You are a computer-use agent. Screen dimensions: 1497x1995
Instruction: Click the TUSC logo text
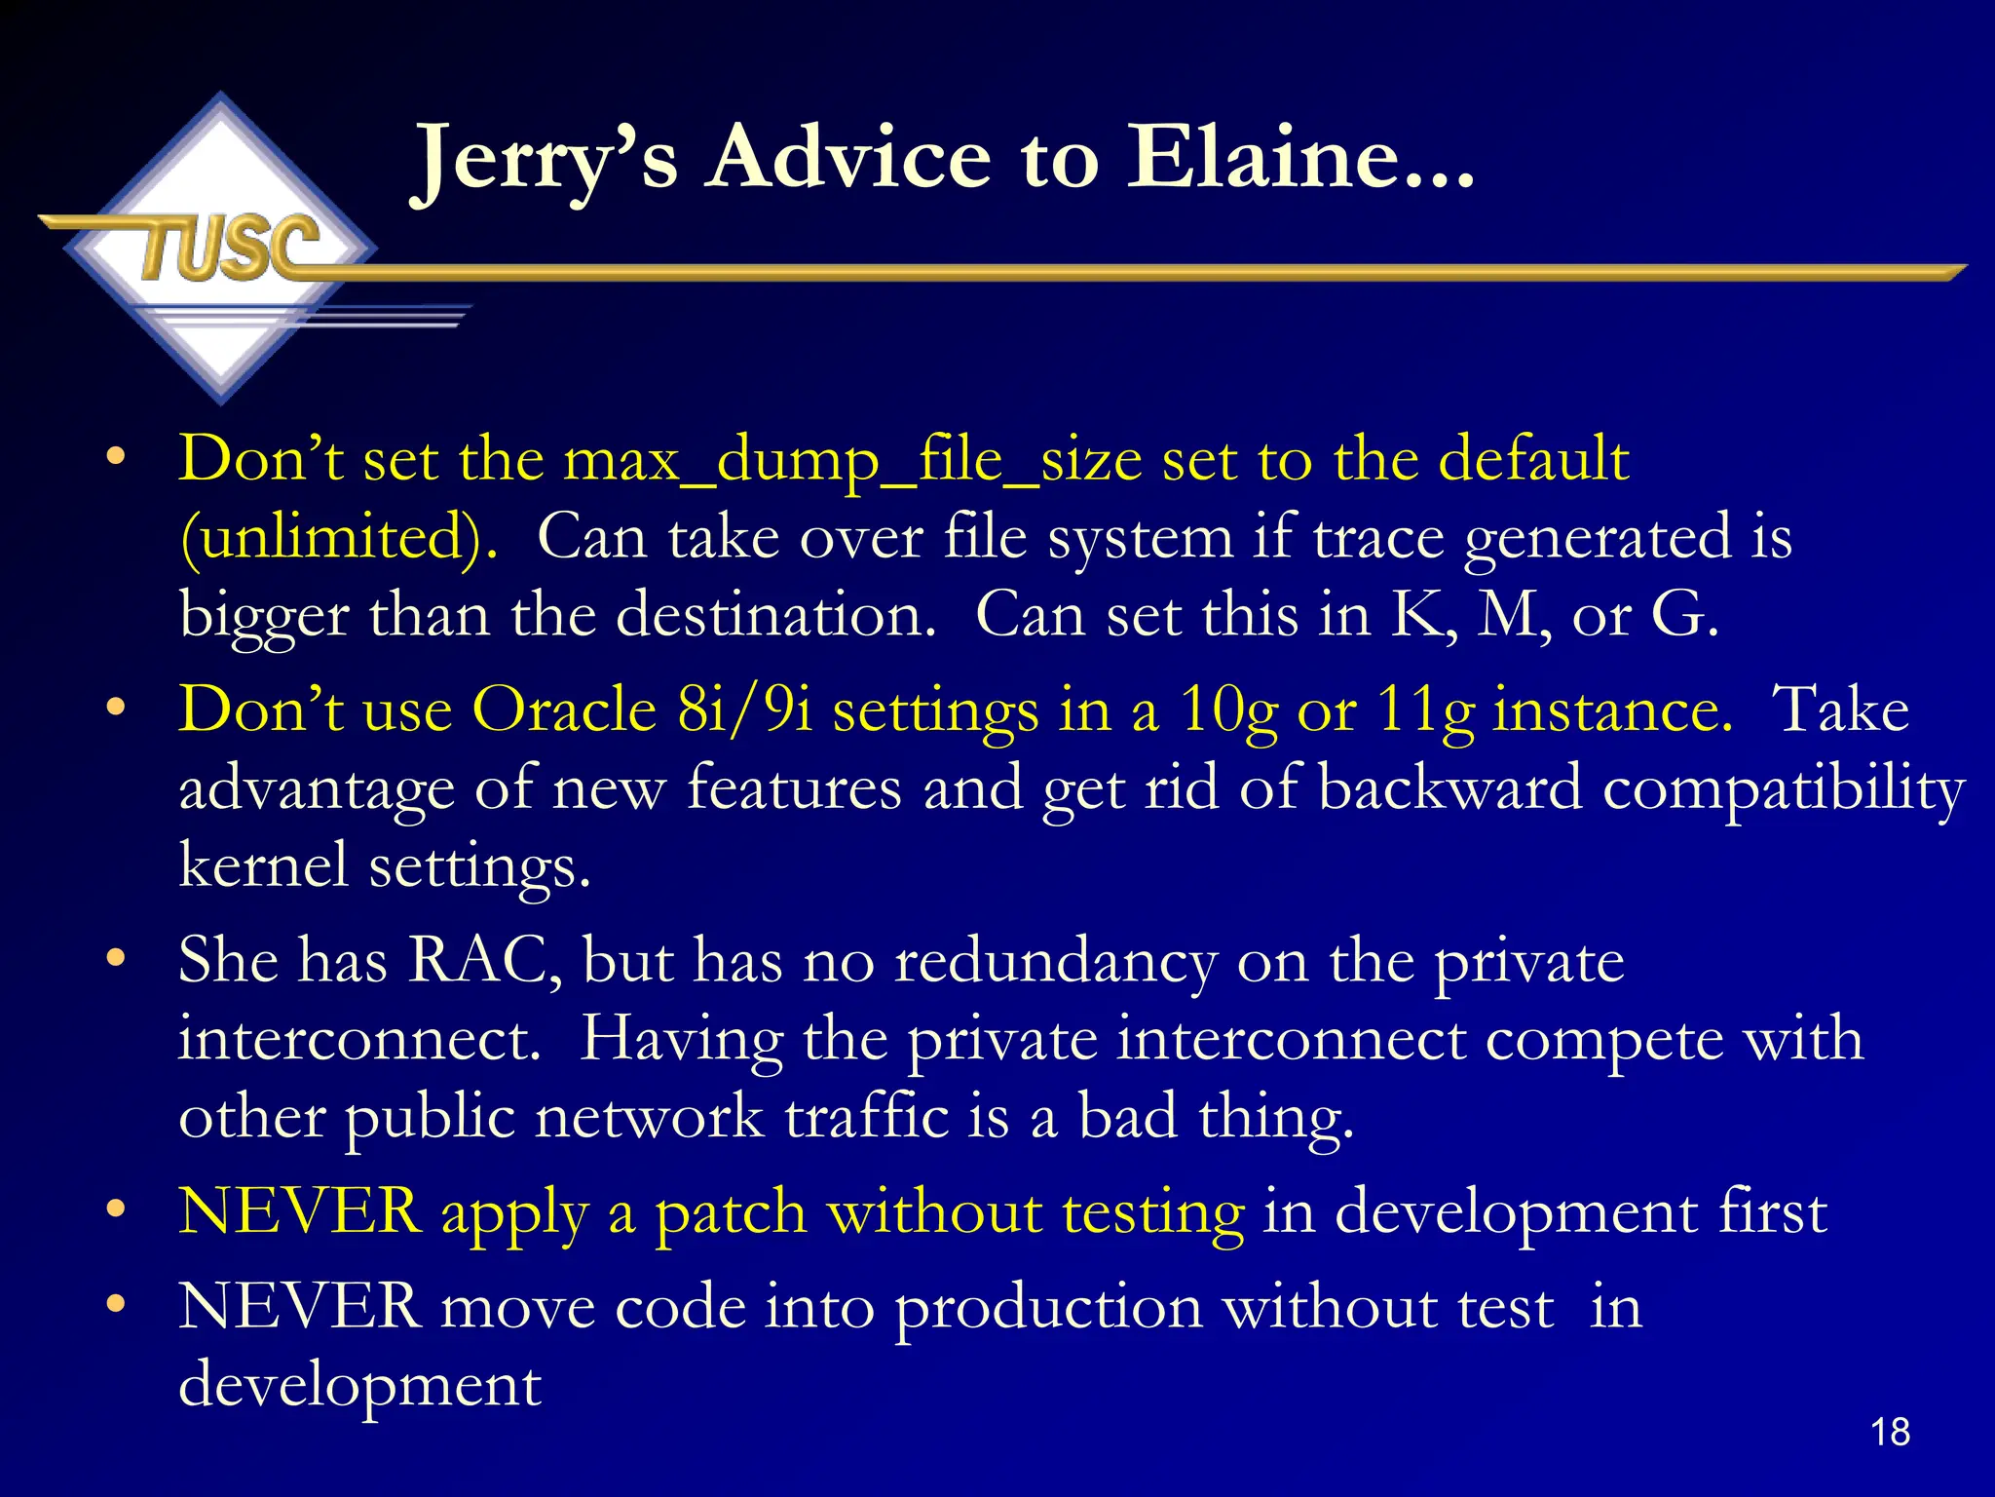point(230,248)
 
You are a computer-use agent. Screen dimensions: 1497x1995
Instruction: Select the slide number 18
point(1890,1432)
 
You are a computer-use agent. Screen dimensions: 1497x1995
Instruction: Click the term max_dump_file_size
point(852,460)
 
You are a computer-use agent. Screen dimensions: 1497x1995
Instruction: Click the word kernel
point(263,864)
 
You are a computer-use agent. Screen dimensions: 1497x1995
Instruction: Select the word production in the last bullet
point(1048,1309)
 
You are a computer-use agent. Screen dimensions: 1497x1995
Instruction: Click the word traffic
point(866,1117)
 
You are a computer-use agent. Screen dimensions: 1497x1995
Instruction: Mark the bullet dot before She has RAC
point(116,958)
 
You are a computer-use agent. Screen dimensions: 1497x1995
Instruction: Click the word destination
point(775,616)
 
